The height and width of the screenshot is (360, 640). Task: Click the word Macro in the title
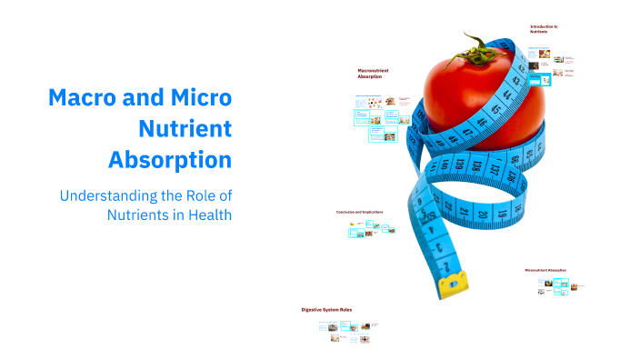tap(85, 98)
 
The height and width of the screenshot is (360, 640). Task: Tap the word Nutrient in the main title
tap(185, 129)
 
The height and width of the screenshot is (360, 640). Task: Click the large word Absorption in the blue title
tap(170, 160)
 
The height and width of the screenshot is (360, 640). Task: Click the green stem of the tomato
tap(476, 45)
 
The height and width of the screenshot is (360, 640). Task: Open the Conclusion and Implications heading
tap(360, 212)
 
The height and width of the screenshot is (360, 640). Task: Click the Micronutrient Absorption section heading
tap(545, 270)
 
